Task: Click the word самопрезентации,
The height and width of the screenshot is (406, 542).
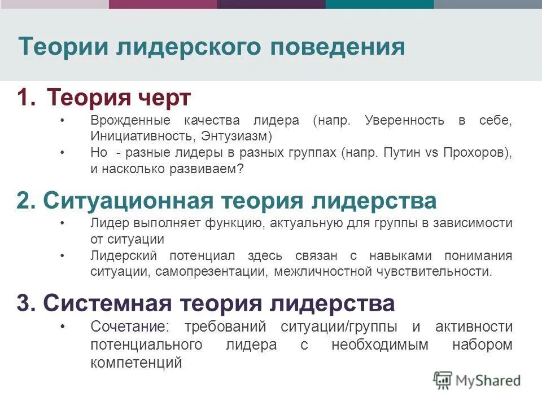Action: [x=212, y=271]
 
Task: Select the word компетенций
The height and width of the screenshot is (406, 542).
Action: [x=135, y=362]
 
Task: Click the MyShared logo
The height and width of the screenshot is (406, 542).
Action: [x=477, y=380]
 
